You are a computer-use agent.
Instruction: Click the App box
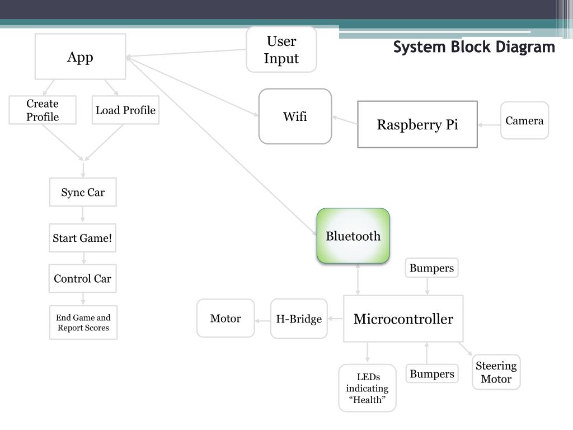(x=81, y=57)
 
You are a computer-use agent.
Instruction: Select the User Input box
(x=281, y=49)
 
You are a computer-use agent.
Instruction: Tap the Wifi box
(x=295, y=116)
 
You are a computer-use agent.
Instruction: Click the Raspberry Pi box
(x=417, y=124)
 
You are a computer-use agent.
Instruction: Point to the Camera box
(x=524, y=121)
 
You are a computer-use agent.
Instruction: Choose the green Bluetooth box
(x=353, y=236)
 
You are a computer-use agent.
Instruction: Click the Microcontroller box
(x=403, y=319)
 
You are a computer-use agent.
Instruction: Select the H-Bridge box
(x=299, y=319)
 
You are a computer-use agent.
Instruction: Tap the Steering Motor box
(x=496, y=372)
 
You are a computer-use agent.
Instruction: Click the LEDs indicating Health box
(x=367, y=388)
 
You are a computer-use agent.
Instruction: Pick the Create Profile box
(x=43, y=110)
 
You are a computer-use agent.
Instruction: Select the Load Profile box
(x=125, y=110)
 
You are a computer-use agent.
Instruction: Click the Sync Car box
(x=83, y=192)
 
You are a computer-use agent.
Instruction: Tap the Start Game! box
(x=83, y=237)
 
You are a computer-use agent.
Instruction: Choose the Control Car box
(x=83, y=278)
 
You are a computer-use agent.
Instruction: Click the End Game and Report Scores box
(x=83, y=322)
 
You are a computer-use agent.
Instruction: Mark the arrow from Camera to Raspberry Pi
(x=489, y=125)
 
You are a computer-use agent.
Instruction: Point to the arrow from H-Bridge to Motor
(x=262, y=321)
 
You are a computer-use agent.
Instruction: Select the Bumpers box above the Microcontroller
(x=431, y=268)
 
